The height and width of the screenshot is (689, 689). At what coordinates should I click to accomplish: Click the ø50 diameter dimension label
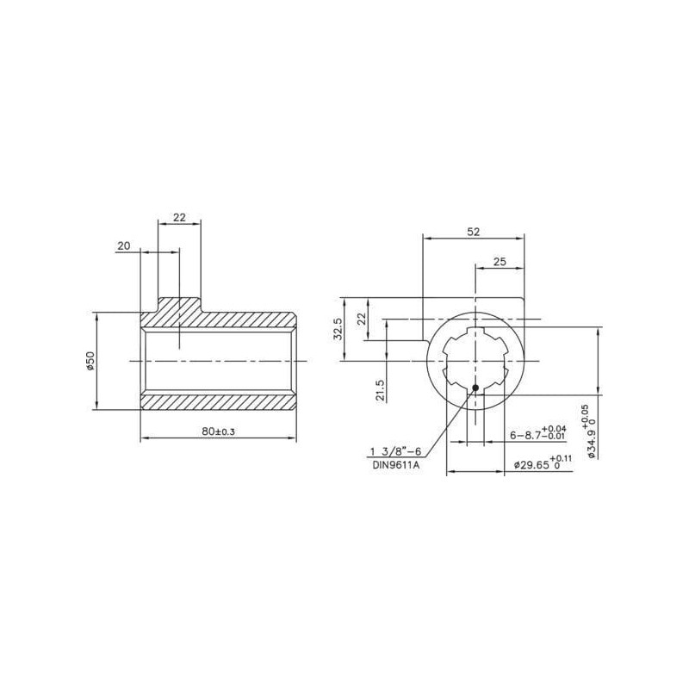pyautogui.click(x=90, y=361)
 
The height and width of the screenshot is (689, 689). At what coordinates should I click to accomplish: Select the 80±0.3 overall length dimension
pyautogui.click(x=219, y=431)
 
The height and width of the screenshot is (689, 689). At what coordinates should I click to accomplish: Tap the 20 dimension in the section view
pyautogui.click(x=124, y=245)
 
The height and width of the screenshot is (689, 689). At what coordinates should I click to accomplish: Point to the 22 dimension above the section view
pyautogui.click(x=179, y=217)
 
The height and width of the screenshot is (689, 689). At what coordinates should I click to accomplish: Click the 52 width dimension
pyautogui.click(x=473, y=232)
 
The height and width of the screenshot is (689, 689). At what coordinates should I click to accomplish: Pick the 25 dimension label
pyautogui.click(x=500, y=262)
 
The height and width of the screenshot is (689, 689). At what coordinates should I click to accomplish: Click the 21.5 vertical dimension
pyautogui.click(x=381, y=391)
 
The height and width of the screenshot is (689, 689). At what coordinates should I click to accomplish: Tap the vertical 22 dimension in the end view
pyautogui.click(x=362, y=319)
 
